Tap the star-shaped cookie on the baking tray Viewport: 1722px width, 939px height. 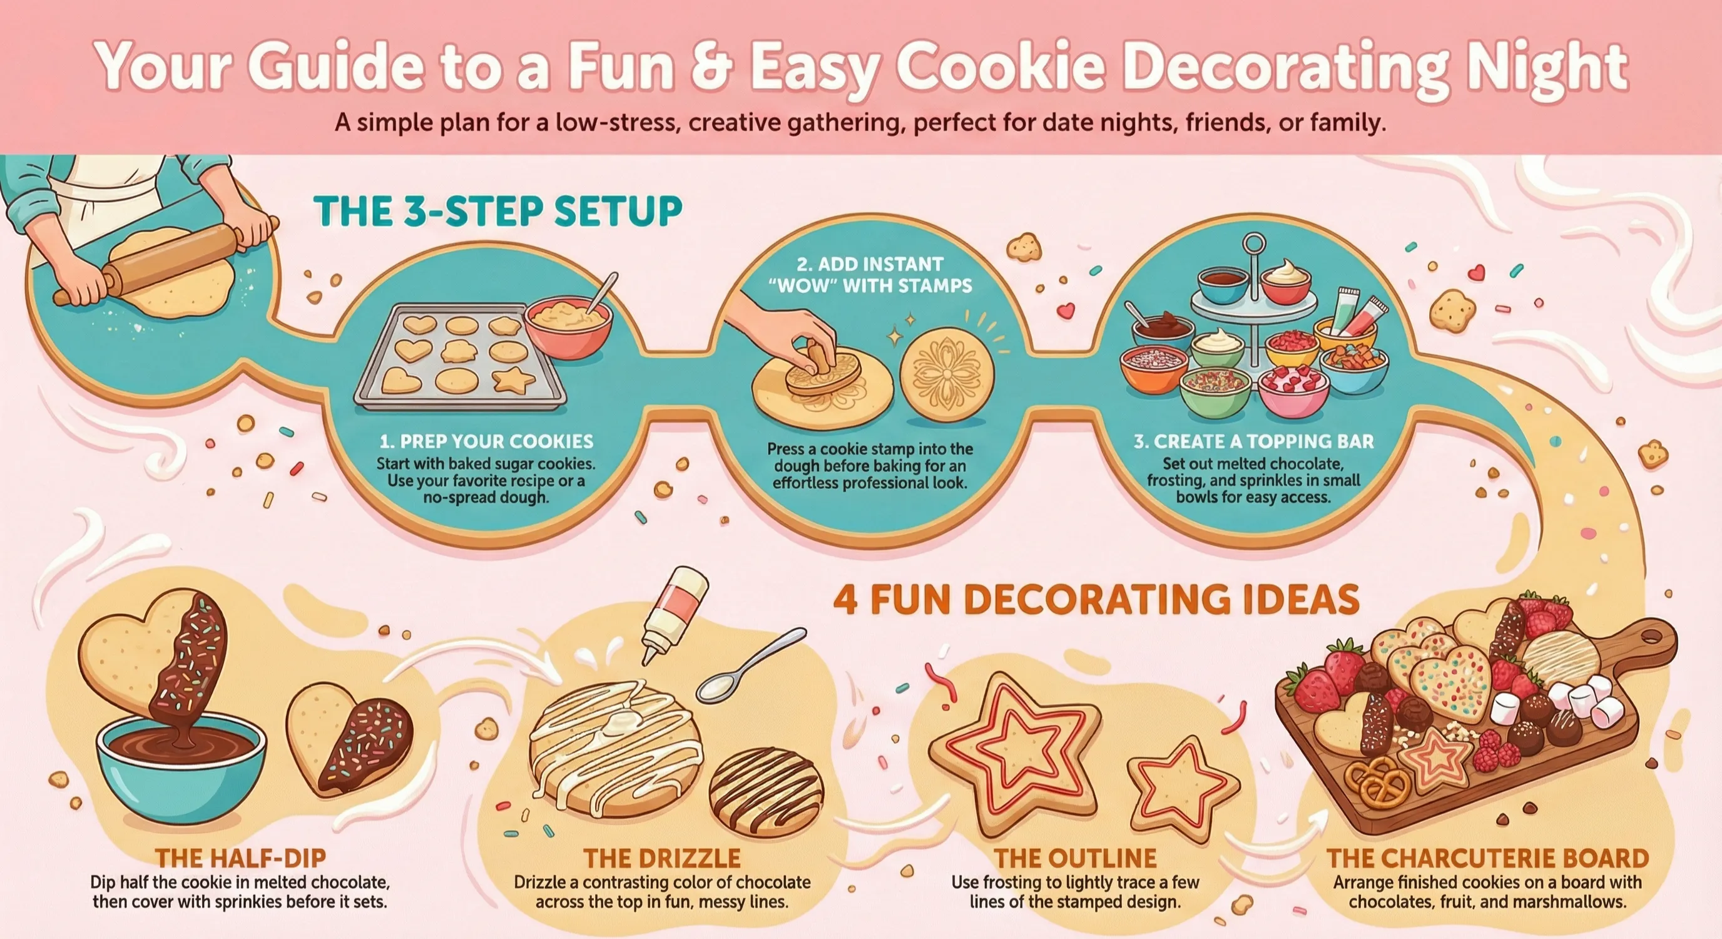(x=513, y=380)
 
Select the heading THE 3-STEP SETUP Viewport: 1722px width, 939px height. (x=498, y=212)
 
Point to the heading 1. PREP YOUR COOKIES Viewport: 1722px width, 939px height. (x=486, y=441)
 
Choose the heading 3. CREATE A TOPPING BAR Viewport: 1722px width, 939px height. (x=1253, y=441)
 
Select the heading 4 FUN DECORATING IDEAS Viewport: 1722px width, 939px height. (x=1096, y=599)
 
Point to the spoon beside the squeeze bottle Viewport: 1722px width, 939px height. (x=749, y=666)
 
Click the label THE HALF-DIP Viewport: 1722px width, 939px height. (x=241, y=858)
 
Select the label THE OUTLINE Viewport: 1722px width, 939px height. (x=1075, y=858)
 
